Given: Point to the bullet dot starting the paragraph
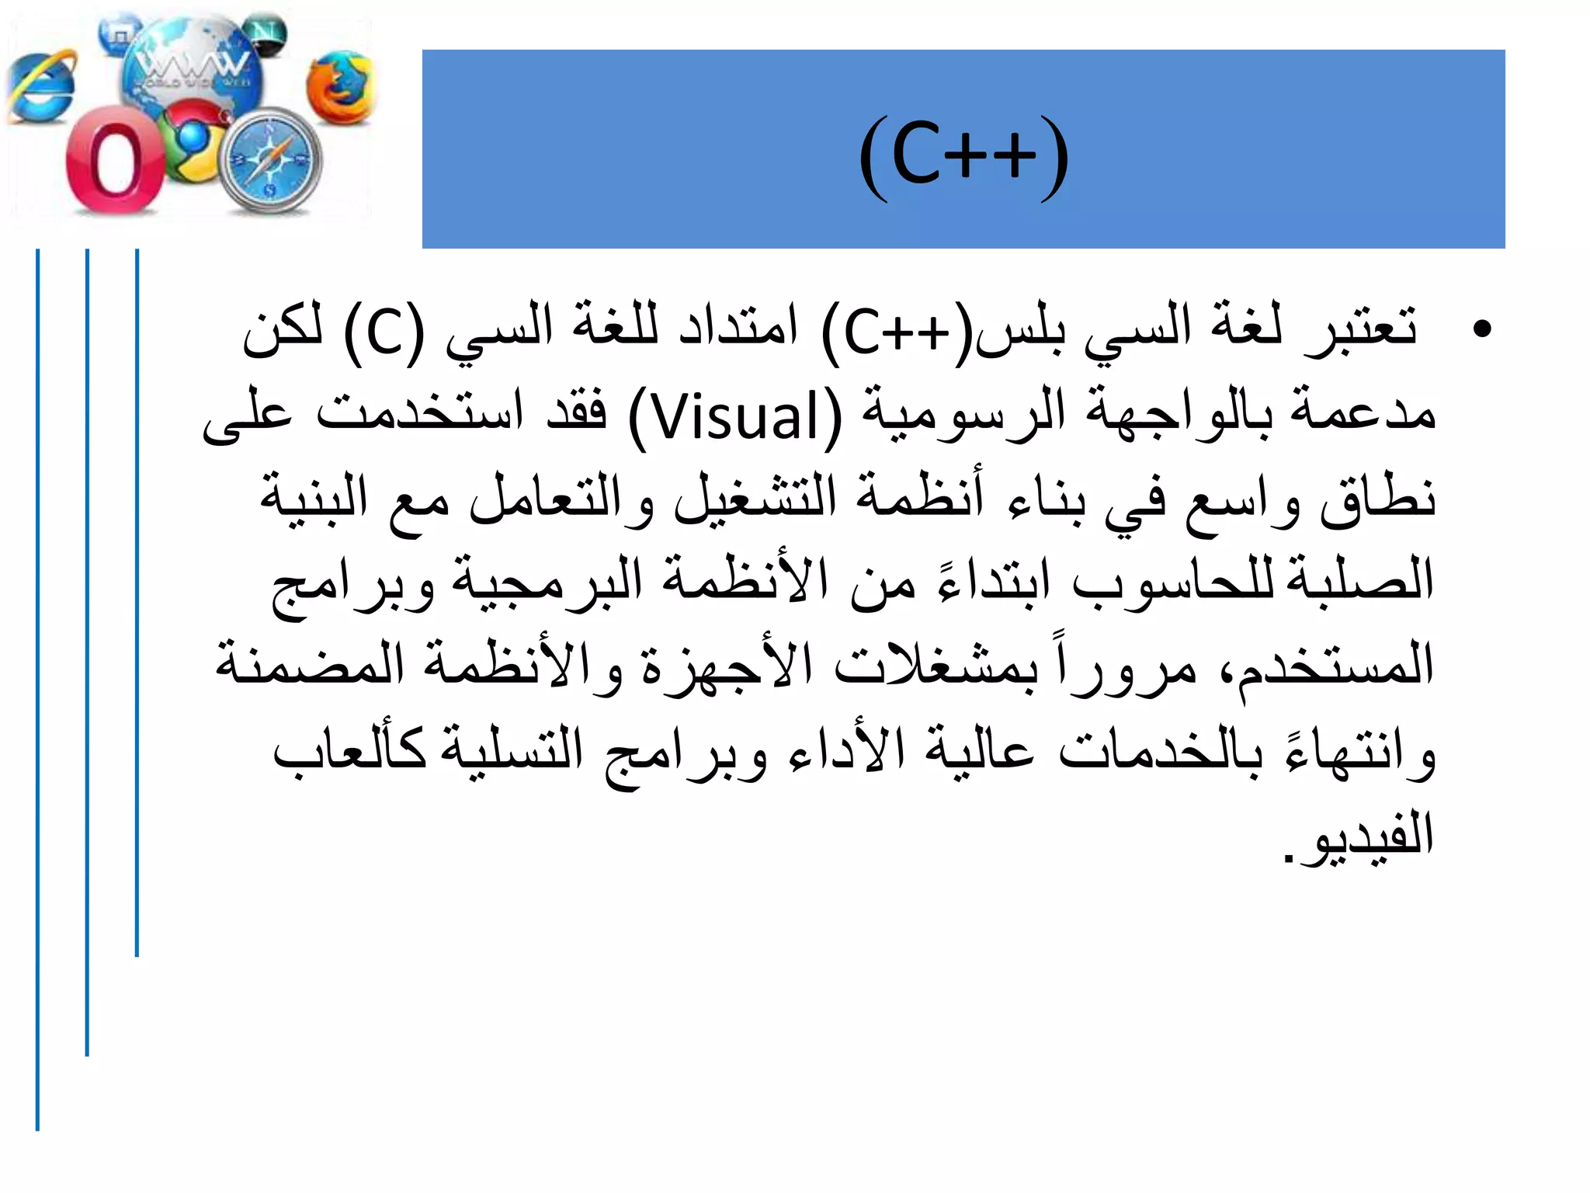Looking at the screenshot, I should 1481,329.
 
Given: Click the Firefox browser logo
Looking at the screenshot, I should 339,87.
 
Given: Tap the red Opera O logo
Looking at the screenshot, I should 114,162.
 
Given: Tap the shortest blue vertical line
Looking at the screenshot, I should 137,602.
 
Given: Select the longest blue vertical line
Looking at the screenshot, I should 37,689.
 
